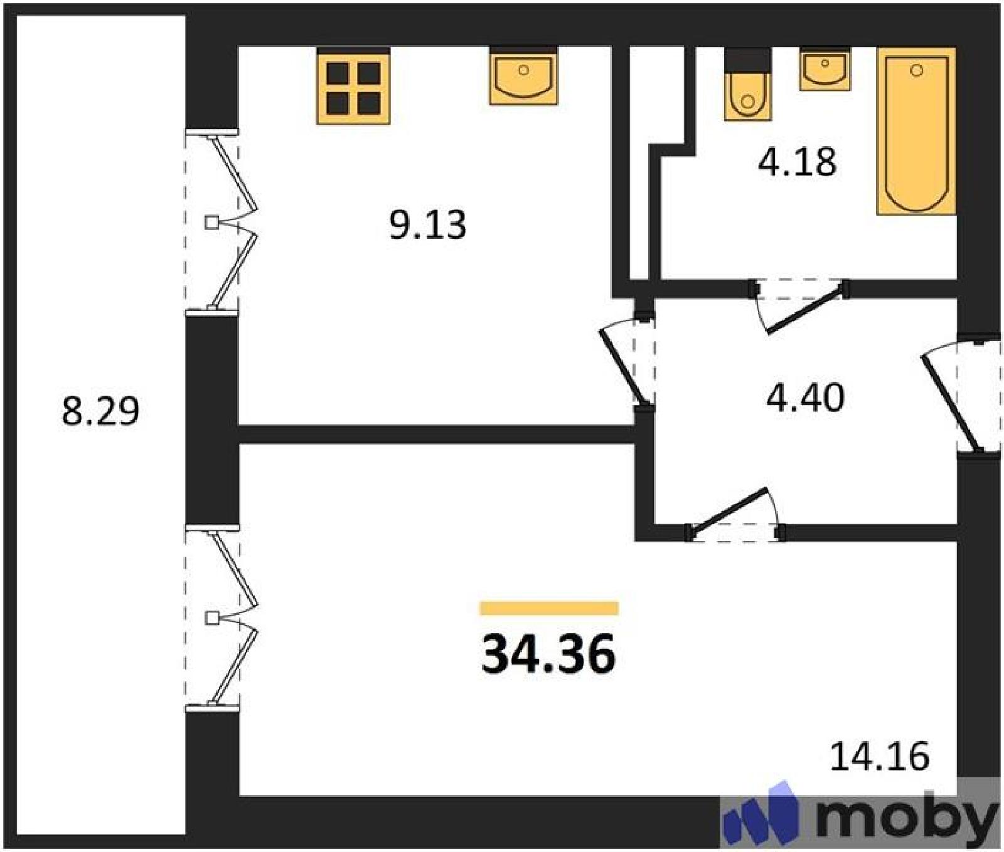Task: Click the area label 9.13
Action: (x=428, y=225)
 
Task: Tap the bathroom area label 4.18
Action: (x=797, y=162)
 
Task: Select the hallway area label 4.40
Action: (x=805, y=397)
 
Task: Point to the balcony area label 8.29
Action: (x=100, y=411)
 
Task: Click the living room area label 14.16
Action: (x=879, y=756)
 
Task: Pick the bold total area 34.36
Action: (x=548, y=654)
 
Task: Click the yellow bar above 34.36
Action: (x=549, y=608)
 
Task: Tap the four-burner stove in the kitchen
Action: (x=353, y=87)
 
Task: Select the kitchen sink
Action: (x=523, y=76)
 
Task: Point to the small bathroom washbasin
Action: (x=825, y=68)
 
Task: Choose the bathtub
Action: (x=916, y=131)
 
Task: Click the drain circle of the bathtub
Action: (x=917, y=70)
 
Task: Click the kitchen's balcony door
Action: (x=222, y=221)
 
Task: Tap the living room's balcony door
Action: (x=222, y=618)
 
